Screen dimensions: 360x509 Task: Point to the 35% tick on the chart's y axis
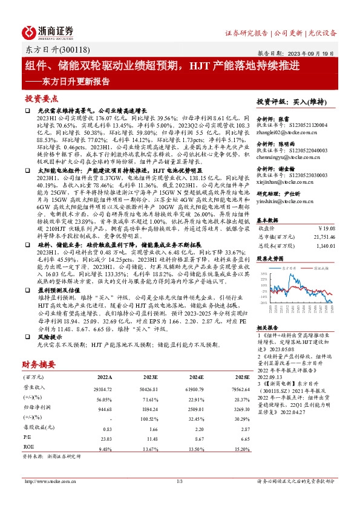click(264, 274)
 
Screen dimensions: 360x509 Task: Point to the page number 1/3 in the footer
click(179, 481)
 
